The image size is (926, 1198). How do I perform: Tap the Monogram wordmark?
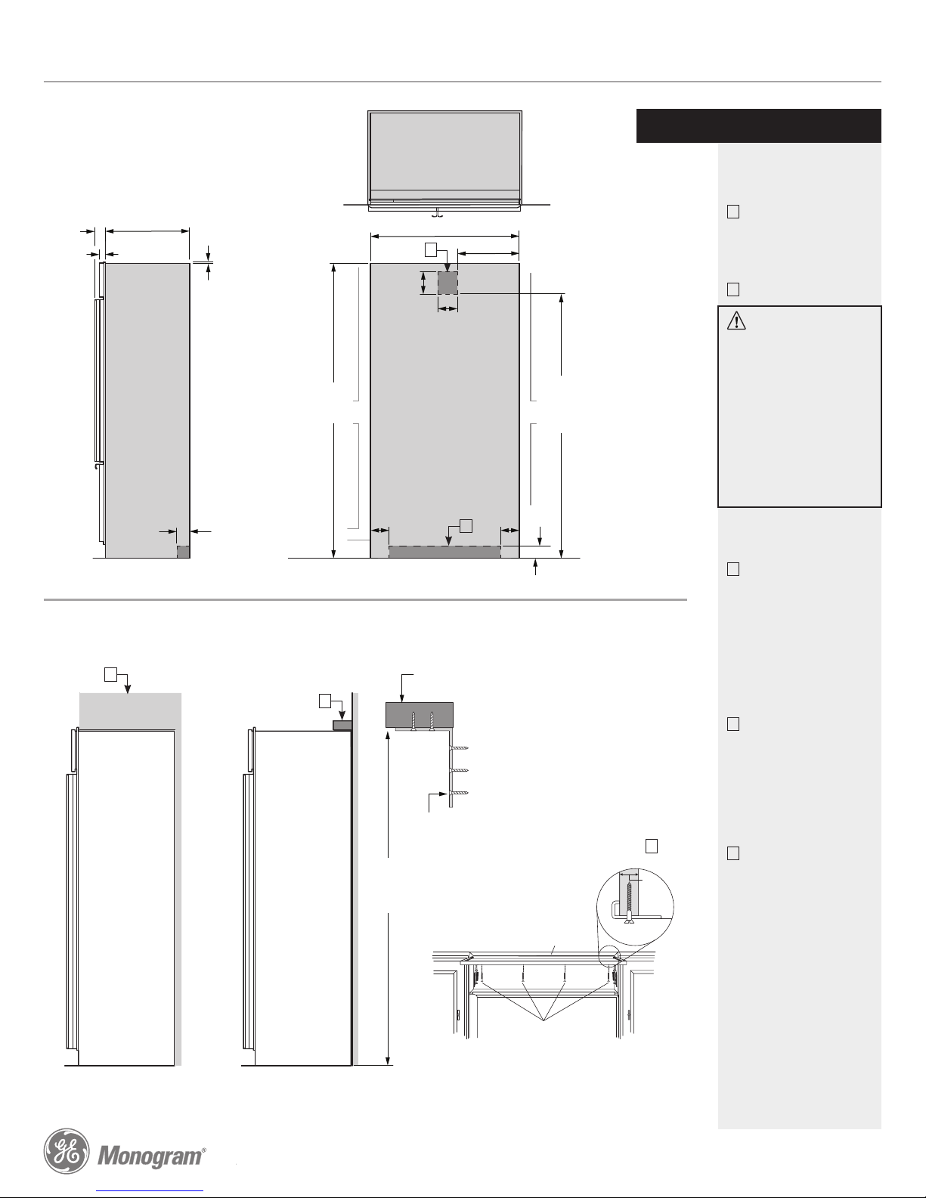[150, 1156]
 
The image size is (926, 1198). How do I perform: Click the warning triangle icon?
[736, 321]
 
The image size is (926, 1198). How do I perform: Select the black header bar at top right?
[758, 125]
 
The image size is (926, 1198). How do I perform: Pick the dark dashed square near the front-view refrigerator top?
[448, 283]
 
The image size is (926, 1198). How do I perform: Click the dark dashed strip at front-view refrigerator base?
[444, 552]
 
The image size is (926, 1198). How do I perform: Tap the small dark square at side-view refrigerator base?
[183, 552]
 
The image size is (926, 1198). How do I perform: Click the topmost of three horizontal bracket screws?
[459, 748]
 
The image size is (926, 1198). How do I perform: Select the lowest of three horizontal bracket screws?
[459, 793]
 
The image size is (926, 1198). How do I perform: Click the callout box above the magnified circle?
[652, 846]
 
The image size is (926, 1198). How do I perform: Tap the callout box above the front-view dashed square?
[431, 249]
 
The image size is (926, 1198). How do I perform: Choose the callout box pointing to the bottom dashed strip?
[466, 526]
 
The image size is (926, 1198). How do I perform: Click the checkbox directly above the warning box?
[733, 289]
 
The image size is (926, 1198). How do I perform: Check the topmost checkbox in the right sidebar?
[733, 212]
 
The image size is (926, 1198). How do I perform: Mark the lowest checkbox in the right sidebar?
[733, 853]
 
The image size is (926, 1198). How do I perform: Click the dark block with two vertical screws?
[420, 714]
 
